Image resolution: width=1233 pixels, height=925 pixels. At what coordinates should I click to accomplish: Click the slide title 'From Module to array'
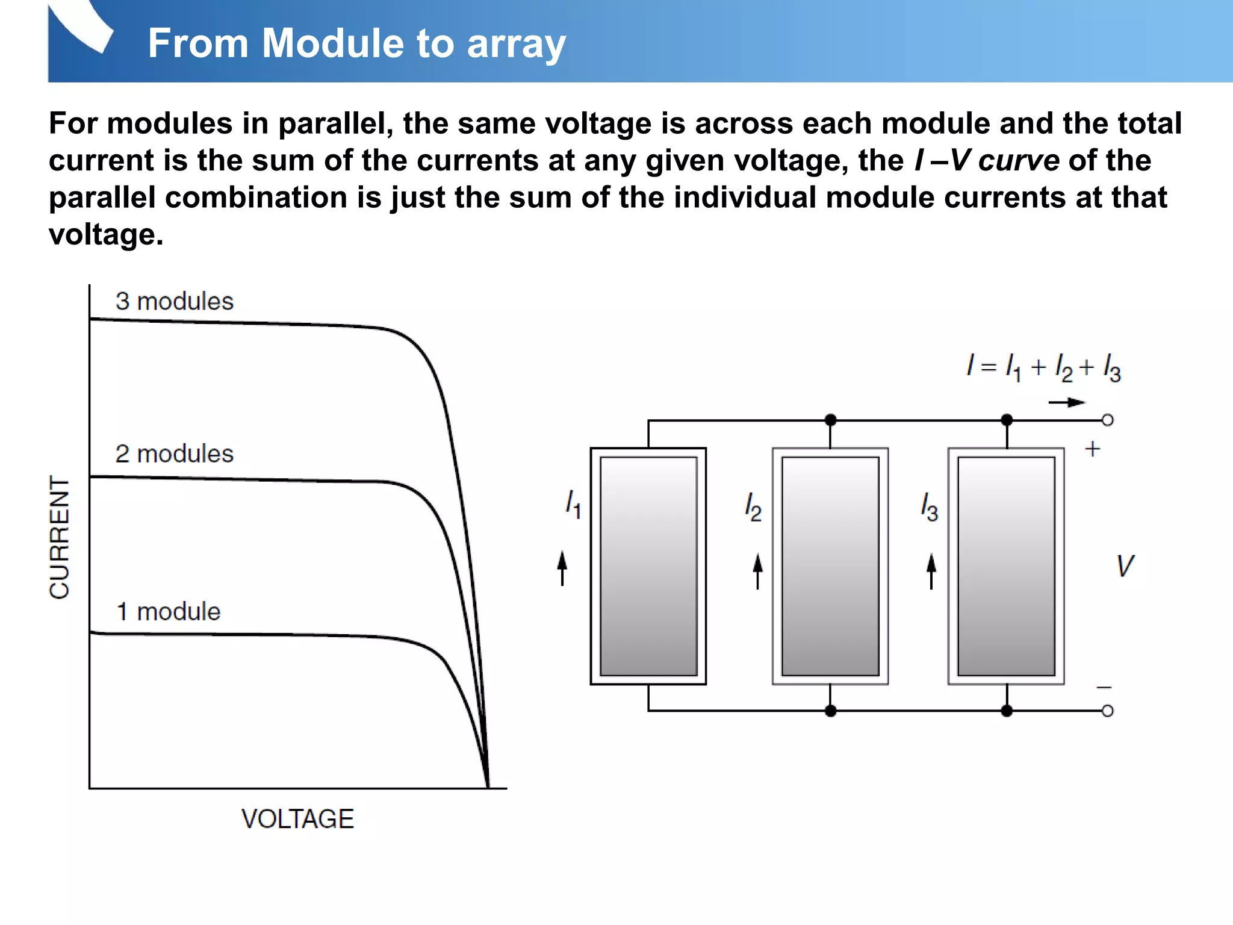(356, 43)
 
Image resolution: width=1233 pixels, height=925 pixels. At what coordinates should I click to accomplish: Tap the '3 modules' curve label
(174, 301)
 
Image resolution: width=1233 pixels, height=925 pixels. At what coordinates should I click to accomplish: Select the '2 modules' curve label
(174, 454)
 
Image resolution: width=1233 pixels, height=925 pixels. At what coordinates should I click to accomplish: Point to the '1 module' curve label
(168, 612)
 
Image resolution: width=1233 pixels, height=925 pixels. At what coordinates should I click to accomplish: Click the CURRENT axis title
(60, 537)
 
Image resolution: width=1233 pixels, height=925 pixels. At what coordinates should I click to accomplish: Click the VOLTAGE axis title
(297, 819)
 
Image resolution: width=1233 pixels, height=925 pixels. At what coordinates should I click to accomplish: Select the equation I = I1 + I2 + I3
(1043, 367)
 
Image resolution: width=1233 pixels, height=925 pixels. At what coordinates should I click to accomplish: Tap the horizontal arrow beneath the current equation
(1066, 402)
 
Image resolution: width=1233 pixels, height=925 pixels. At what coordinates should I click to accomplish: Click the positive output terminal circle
(1107, 420)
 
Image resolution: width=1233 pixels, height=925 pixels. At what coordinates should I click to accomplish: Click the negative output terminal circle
(1107, 711)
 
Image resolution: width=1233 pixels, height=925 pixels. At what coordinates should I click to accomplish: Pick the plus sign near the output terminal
(1092, 449)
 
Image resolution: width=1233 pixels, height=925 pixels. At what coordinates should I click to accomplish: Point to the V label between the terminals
(1125, 566)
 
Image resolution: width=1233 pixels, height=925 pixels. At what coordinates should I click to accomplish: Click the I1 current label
(573, 503)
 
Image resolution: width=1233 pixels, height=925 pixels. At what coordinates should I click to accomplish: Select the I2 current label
(753, 506)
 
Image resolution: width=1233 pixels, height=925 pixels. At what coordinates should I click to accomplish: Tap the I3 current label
(929, 506)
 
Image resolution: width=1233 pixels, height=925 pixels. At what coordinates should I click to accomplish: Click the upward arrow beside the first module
(562, 568)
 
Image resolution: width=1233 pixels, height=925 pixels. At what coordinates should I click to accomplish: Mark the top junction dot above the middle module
(830, 420)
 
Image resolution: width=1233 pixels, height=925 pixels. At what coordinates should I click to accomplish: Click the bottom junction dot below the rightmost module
(1007, 711)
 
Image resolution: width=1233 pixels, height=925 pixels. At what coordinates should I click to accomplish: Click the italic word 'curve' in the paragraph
(1019, 160)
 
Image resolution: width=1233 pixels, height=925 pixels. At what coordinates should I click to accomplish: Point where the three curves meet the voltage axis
(488, 785)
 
